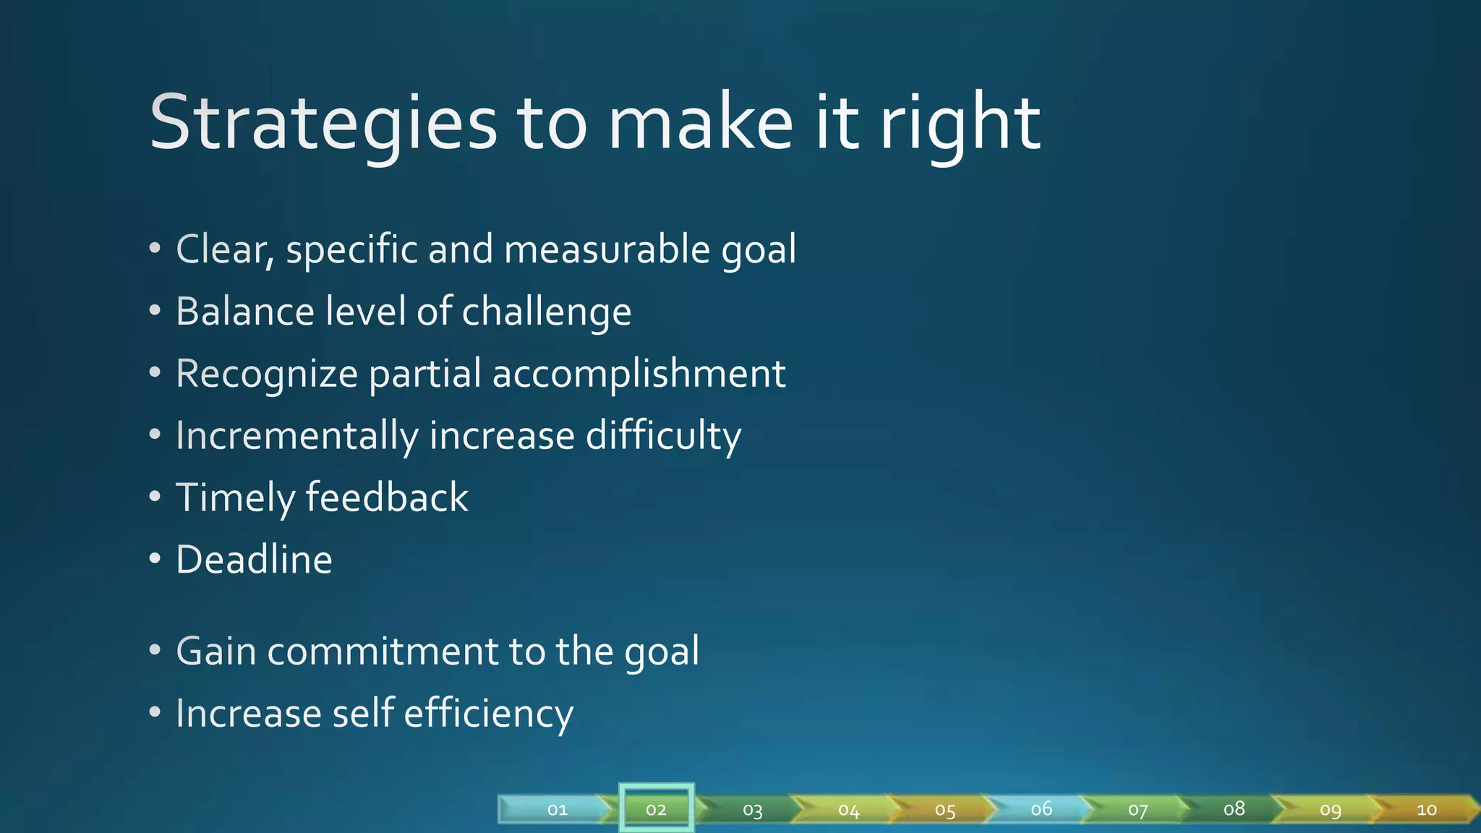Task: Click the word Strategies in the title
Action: click(323, 123)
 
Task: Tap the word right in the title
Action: click(960, 123)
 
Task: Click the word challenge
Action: click(546, 312)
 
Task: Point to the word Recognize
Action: click(267, 375)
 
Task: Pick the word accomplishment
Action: click(639, 375)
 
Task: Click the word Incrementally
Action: click(296, 437)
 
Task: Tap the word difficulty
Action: click(663, 437)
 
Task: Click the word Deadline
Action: click(254, 560)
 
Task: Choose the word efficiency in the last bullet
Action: click(488, 714)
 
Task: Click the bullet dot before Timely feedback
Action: click(155, 497)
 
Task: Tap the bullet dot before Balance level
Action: click(155, 311)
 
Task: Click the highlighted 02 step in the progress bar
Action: click(656, 809)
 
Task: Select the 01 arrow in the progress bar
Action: click(557, 809)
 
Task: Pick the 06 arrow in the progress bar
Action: click(1041, 808)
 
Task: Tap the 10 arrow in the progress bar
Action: click(1426, 809)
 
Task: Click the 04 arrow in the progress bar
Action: click(848, 809)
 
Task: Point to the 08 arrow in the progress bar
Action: click(1234, 808)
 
